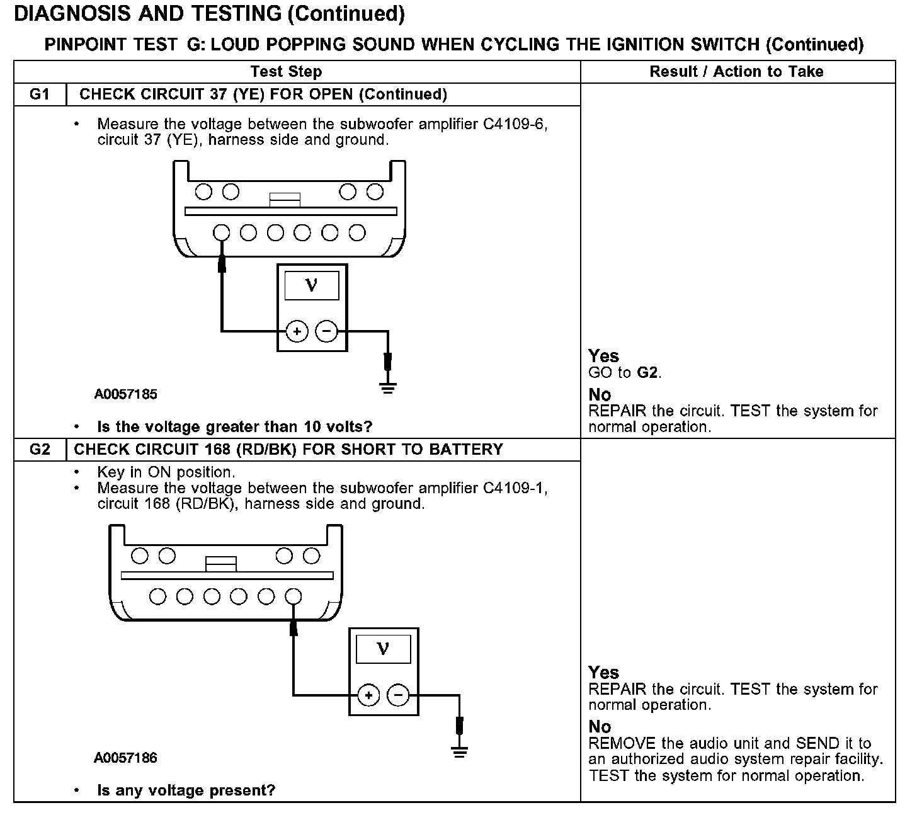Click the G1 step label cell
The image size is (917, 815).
(x=39, y=94)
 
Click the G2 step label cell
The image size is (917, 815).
(x=39, y=450)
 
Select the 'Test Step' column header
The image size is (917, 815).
(x=286, y=72)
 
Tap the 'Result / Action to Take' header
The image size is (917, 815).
(x=736, y=72)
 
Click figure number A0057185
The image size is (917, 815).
(x=126, y=395)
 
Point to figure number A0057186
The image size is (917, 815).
(x=126, y=758)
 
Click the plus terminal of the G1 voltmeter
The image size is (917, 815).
(x=297, y=331)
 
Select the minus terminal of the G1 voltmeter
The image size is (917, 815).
(x=326, y=331)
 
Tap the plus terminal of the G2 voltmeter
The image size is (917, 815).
(x=368, y=695)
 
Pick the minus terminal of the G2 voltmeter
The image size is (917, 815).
(x=397, y=695)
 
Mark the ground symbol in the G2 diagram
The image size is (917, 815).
(x=460, y=751)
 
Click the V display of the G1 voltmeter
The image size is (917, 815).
(x=312, y=285)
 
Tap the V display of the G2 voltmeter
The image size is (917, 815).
(x=383, y=649)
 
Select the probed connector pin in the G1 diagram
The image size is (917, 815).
(x=222, y=233)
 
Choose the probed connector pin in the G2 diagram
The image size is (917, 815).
(x=293, y=596)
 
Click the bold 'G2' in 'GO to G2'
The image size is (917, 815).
(x=648, y=373)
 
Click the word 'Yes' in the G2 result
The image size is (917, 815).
(x=603, y=672)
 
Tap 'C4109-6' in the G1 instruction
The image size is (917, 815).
(x=515, y=125)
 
